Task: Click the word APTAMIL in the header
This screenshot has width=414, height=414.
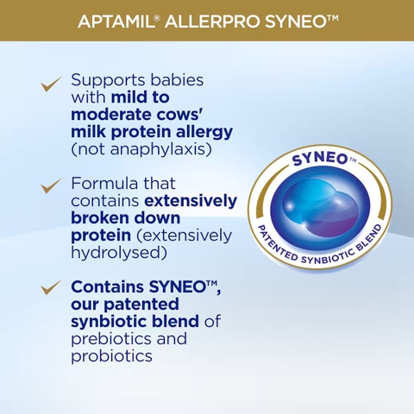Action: (x=119, y=20)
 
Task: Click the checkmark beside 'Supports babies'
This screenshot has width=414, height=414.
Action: (x=52, y=84)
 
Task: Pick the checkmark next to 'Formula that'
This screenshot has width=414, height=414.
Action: (x=52, y=186)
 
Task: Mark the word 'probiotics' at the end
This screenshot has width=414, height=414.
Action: (x=111, y=355)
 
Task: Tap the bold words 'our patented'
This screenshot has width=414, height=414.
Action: (x=124, y=304)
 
